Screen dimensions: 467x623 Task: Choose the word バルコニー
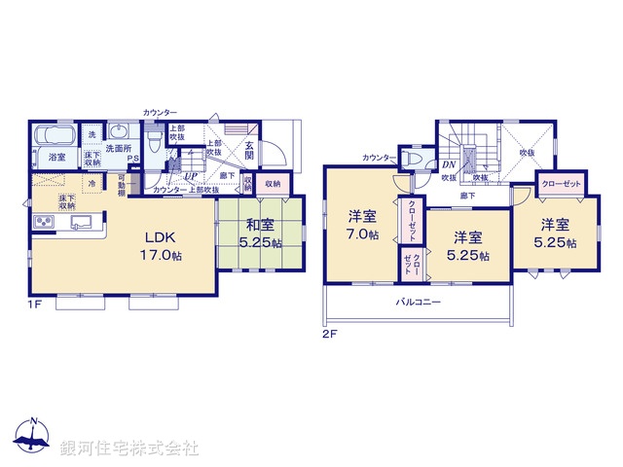coord(419,303)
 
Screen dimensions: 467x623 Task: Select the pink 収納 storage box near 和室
coord(273,182)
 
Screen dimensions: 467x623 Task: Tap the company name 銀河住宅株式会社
coord(128,449)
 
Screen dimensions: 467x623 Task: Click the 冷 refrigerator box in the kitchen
coord(92,183)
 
